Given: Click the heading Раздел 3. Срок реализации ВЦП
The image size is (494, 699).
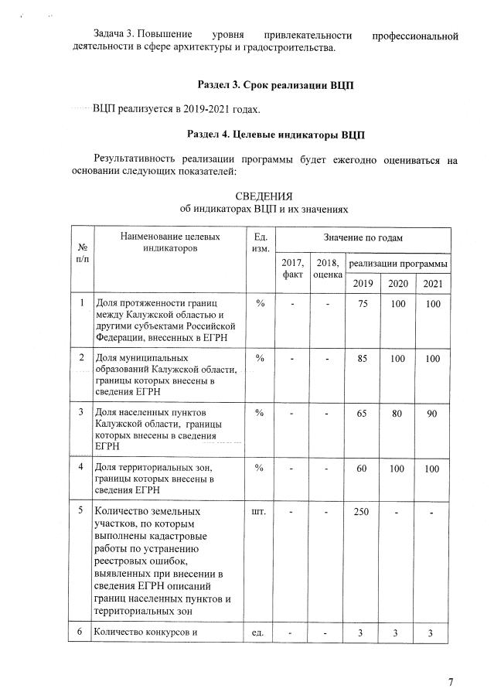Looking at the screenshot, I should click(x=276, y=84).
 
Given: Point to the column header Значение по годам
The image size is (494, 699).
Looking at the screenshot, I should click(x=363, y=237).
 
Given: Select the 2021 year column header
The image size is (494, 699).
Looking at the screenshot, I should click(x=432, y=283).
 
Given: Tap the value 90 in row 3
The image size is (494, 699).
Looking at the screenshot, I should click(x=432, y=413).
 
